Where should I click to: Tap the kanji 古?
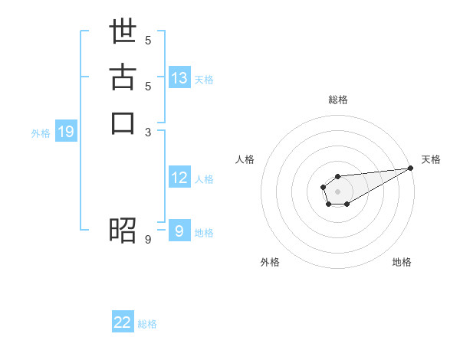click(123, 80)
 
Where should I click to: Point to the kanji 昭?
click(123, 230)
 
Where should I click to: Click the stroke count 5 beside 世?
click(148, 40)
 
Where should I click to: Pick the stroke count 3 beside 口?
click(148, 132)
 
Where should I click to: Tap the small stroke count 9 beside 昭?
click(148, 240)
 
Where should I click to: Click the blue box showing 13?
click(179, 78)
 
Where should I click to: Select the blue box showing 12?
click(179, 178)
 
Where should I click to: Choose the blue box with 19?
click(66, 132)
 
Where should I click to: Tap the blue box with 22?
click(123, 322)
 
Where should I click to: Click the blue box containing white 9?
click(179, 231)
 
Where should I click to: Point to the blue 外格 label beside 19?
click(41, 133)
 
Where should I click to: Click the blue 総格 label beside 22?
click(147, 324)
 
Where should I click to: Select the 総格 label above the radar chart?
click(337, 100)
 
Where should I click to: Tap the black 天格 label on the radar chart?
click(431, 159)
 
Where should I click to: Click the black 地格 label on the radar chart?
click(402, 262)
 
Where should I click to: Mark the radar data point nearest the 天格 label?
click(411, 168)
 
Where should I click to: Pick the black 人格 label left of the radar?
click(245, 159)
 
